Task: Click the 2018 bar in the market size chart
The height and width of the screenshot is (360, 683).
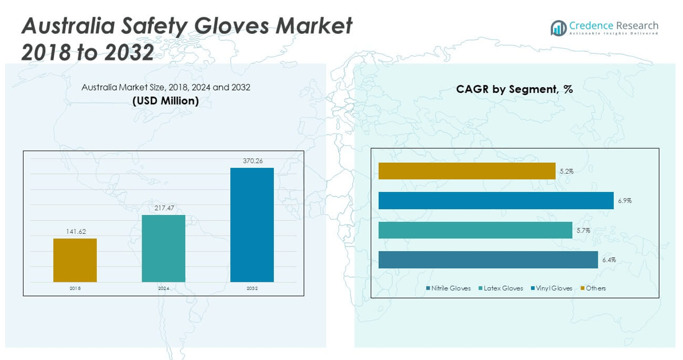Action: point(75,260)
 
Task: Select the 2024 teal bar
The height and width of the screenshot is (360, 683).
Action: point(163,248)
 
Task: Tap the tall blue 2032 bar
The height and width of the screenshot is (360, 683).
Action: point(252,225)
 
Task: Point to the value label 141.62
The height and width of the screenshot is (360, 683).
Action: point(75,232)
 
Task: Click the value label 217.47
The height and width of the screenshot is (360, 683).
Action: point(163,208)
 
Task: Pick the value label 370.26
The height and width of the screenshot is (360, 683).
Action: point(252,161)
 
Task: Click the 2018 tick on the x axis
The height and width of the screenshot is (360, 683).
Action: point(75,288)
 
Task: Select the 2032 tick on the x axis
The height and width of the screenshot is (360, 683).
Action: point(252,288)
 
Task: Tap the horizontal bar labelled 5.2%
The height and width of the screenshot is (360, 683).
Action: point(467,171)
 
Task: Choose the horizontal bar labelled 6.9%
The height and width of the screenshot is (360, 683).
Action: point(496,201)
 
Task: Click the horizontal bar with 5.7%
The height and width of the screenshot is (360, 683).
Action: point(476,230)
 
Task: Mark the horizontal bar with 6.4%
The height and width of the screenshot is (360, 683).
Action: point(488,260)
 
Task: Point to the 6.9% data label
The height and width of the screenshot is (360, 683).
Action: point(625,201)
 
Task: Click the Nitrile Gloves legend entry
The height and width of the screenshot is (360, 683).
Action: point(449,288)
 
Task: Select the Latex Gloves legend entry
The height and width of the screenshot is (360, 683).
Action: point(501,288)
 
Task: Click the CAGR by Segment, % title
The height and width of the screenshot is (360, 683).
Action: point(515,89)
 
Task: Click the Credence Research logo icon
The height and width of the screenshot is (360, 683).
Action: point(558,28)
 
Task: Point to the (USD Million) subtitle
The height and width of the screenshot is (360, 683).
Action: point(166,101)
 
